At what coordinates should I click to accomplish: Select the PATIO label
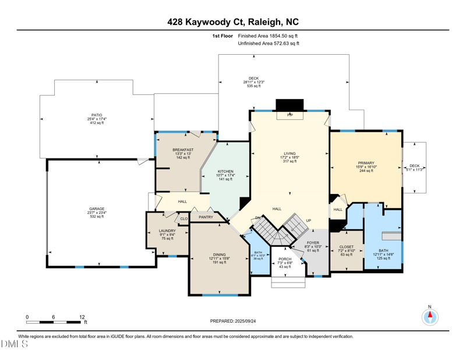click(97, 115)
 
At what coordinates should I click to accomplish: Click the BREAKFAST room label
click(183, 150)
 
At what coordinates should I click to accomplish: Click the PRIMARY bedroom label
click(366, 163)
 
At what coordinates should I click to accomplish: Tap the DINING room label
click(220, 255)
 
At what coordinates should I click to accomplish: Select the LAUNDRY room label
click(167, 231)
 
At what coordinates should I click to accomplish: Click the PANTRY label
click(205, 217)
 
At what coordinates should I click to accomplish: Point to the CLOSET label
click(346, 247)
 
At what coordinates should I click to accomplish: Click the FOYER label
click(313, 242)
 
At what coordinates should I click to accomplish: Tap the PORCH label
click(285, 259)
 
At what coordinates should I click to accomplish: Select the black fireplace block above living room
click(290, 104)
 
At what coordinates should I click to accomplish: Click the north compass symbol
click(430, 316)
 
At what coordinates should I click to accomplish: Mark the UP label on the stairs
click(309, 220)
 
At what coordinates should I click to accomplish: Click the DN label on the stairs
click(257, 218)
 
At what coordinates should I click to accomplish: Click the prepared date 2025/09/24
click(248, 321)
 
